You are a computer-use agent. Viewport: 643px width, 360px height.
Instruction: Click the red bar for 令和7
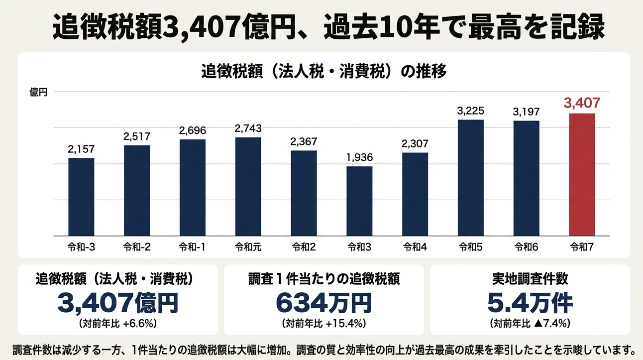[582, 174]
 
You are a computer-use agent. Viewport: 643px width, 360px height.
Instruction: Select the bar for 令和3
[359, 201]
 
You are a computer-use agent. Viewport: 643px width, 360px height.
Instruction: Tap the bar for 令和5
[471, 177]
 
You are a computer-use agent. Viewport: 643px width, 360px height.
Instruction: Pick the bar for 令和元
[248, 186]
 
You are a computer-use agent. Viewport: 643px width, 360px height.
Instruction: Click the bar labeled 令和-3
[81, 197]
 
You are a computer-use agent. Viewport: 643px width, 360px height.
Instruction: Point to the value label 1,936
[359, 158]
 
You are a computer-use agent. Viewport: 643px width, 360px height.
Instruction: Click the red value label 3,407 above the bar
[582, 104]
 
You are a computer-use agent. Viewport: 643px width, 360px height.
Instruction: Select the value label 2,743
[248, 128]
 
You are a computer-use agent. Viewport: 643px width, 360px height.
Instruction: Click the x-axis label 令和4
[415, 246]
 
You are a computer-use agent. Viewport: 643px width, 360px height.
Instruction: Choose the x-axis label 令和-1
[192, 246]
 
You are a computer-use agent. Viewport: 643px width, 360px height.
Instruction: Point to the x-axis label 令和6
[526, 246]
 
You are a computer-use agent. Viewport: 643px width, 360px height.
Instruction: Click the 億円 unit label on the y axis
[39, 92]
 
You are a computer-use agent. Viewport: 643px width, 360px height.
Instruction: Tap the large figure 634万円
[323, 302]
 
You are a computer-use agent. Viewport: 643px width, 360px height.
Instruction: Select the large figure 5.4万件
[530, 302]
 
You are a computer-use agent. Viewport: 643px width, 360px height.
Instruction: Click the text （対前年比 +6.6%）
[118, 324]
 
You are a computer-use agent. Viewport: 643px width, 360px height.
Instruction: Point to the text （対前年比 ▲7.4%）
[530, 324]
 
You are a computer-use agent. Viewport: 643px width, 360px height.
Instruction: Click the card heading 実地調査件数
[530, 279]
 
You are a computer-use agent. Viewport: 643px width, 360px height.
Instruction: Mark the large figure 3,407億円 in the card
[118, 302]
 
